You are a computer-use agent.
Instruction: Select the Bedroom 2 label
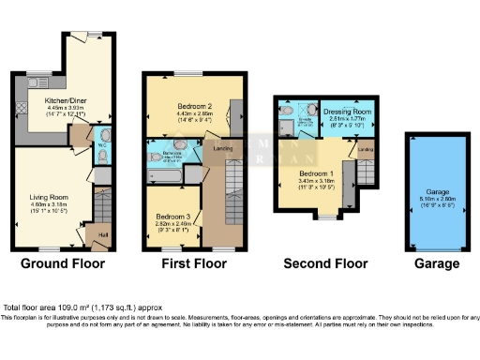click(193, 107)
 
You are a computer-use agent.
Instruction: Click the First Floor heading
click(193, 264)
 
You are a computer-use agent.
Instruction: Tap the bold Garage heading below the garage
click(437, 264)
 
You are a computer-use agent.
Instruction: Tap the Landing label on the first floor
click(223, 148)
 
